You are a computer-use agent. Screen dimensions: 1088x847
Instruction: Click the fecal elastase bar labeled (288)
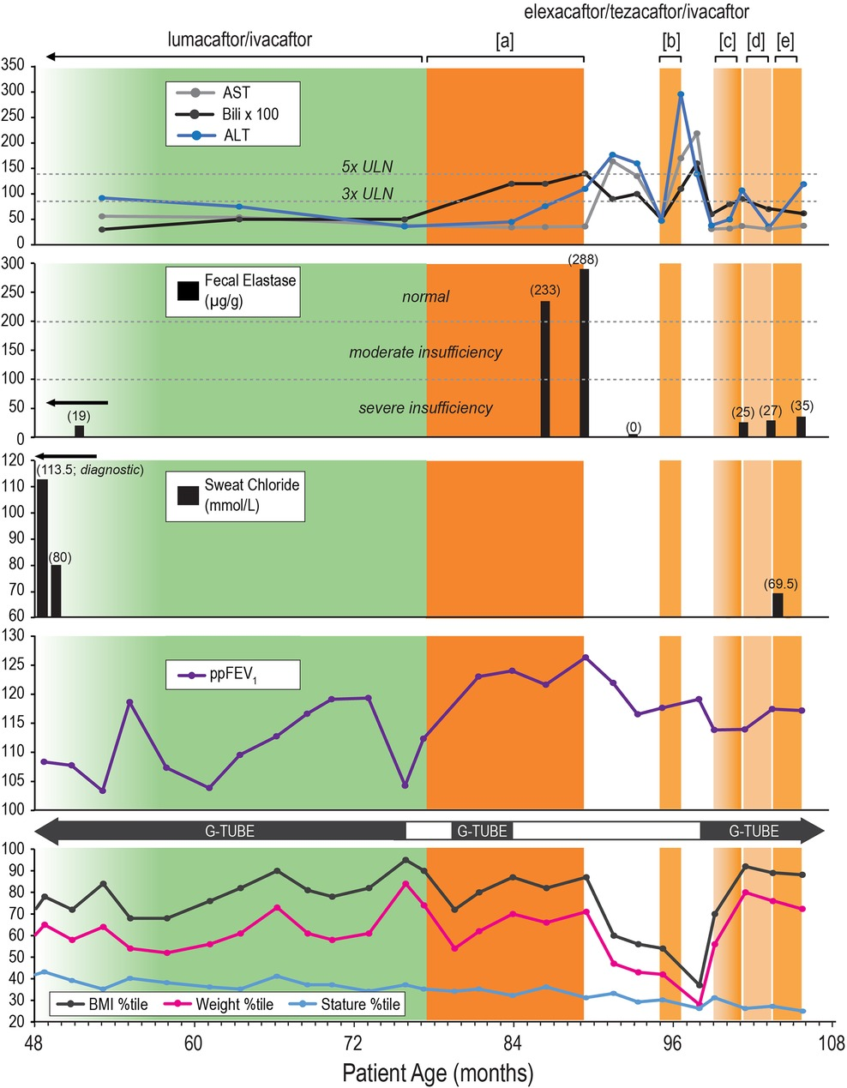click(x=584, y=352)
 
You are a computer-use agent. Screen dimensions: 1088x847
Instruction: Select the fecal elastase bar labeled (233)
click(x=545, y=369)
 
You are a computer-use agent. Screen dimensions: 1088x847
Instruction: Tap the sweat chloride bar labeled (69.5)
click(x=778, y=604)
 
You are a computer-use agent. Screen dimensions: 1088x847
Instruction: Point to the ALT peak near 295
click(x=681, y=94)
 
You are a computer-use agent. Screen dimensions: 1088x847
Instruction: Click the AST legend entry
click(x=236, y=93)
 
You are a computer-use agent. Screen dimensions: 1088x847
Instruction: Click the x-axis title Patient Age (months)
click(x=437, y=1072)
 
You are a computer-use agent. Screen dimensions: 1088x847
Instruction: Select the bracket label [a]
click(x=505, y=41)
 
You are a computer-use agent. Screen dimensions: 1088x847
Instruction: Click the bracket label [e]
click(x=784, y=41)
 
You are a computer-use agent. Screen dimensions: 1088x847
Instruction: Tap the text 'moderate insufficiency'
click(x=425, y=352)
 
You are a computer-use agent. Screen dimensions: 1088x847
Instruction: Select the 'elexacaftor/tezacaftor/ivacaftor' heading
click(x=636, y=12)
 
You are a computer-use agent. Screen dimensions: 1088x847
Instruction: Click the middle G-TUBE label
click(x=481, y=831)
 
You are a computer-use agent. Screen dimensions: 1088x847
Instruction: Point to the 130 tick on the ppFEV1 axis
click(x=15, y=636)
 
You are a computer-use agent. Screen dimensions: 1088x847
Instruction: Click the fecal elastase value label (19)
click(x=79, y=416)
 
